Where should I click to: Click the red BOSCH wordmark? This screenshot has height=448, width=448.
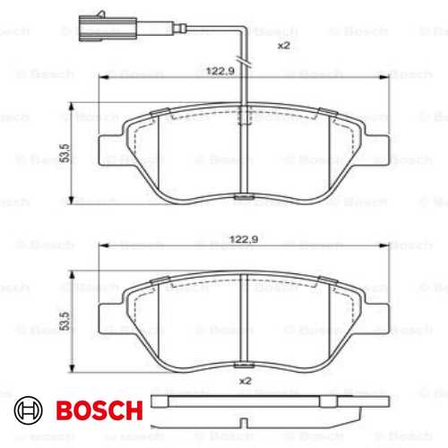coord(100,411)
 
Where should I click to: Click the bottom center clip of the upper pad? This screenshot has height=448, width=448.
coord(243,197)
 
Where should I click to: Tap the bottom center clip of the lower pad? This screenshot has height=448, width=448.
coord(243,366)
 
